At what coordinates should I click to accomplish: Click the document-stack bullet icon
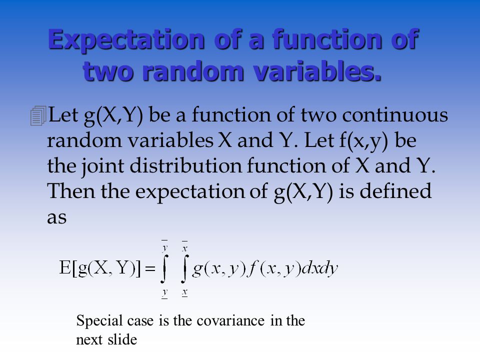pyautogui.click(x=38, y=115)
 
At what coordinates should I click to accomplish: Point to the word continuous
pyautogui.click(x=395, y=115)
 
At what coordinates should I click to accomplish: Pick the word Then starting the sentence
pyautogui.click(x=71, y=191)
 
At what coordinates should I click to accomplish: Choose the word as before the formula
pyautogui.click(x=56, y=217)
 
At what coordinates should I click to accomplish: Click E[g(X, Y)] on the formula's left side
pyautogui.click(x=100, y=268)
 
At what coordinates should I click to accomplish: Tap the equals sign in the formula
pyautogui.click(x=150, y=269)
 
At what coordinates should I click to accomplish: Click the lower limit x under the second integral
pyautogui.click(x=184, y=292)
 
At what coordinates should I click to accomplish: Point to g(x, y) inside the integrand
pyautogui.click(x=219, y=269)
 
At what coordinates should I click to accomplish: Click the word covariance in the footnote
pyautogui.click(x=230, y=321)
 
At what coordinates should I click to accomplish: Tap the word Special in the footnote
pyautogui.click(x=99, y=321)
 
